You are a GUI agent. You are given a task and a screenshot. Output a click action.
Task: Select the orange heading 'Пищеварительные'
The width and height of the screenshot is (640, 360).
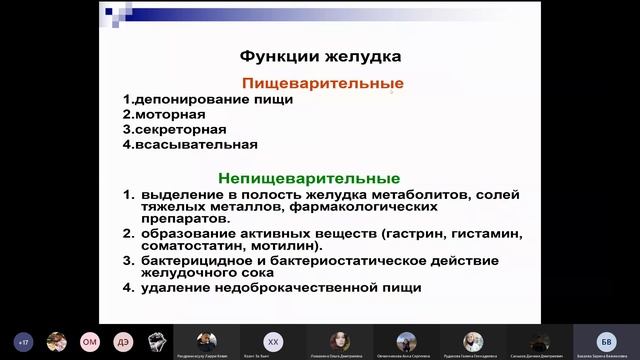(323, 83)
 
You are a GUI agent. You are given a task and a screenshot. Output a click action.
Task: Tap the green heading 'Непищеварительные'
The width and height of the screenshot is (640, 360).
(320, 177)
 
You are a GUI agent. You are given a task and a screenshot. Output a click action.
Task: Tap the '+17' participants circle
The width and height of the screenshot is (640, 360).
(24, 340)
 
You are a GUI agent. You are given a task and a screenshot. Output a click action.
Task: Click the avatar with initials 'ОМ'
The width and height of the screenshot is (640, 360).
(89, 340)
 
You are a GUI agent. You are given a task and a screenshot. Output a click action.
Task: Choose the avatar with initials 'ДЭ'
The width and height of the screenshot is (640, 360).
(122, 340)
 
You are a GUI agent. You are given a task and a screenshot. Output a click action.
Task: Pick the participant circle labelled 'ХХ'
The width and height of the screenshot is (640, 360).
(272, 340)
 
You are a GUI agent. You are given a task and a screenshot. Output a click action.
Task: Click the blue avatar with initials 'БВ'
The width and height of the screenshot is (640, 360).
(605, 340)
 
